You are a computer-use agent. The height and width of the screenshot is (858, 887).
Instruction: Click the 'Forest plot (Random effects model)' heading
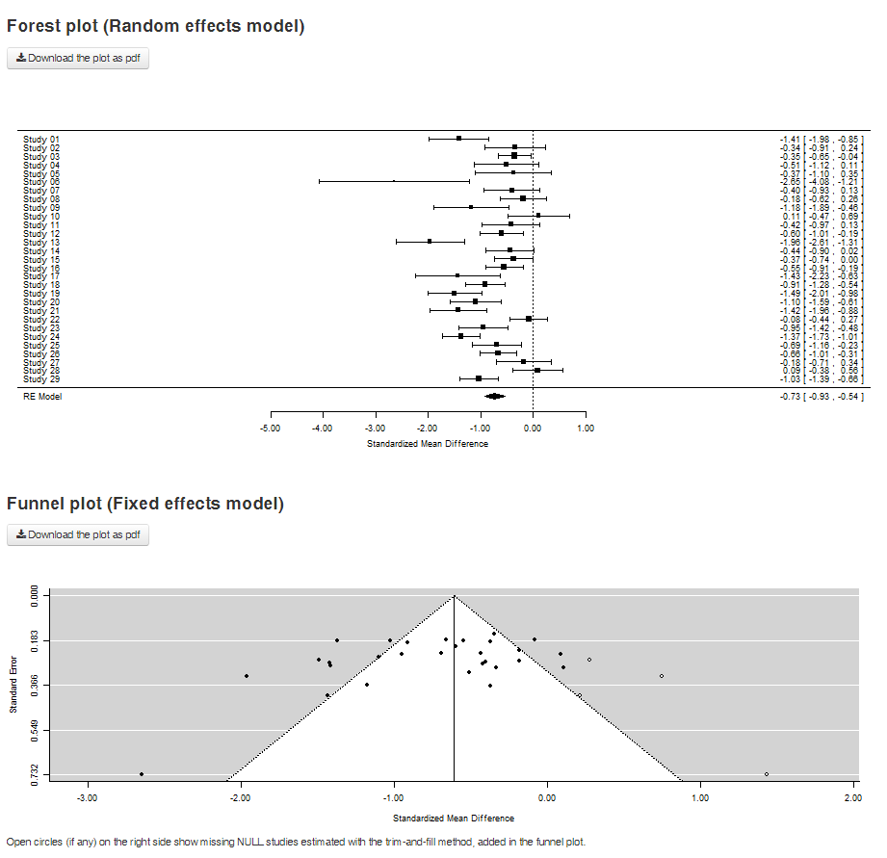pos(156,27)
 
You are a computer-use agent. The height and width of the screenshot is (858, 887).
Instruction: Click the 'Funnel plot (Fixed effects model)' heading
pos(145,504)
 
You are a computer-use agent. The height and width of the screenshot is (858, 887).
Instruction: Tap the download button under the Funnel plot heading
pos(78,534)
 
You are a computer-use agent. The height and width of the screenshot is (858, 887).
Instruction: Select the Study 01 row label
pos(41,139)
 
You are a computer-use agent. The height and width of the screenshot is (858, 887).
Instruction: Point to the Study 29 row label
pos(41,378)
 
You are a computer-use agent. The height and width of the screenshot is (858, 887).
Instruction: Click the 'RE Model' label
pos(42,396)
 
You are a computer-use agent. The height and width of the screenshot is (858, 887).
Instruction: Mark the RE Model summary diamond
pos(494,396)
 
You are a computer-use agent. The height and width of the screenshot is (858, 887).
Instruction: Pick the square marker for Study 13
pos(430,242)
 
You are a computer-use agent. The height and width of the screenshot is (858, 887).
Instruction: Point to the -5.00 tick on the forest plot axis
pos(270,429)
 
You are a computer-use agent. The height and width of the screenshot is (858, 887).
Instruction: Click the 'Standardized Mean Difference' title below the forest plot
pos(428,444)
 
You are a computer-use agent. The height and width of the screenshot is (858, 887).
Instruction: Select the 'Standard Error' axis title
pos(13,685)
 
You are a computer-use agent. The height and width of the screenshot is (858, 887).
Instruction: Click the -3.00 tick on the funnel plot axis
pos(88,798)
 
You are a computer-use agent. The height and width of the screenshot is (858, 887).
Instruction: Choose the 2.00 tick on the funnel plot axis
pos(852,798)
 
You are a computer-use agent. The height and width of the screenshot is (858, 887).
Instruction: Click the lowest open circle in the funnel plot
pos(767,774)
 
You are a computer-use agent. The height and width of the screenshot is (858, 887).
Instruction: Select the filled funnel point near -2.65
pos(142,774)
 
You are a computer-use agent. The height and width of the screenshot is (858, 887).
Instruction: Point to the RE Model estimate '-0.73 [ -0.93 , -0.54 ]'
pos(822,396)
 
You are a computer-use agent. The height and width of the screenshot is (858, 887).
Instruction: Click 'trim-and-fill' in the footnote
pos(386,841)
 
